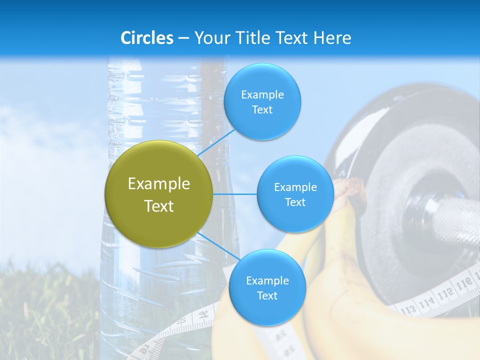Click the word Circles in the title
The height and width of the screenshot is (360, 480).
pyautogui.click(x=147, y=38)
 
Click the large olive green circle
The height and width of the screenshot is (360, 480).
pyautogui.click(x=159, y=194)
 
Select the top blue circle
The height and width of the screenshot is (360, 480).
pyautogui.click(x=262, y=101)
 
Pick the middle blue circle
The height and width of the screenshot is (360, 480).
pyautogui.click(x=295, y=194)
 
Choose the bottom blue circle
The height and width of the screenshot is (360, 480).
pyautogui.click(x=267, y=287)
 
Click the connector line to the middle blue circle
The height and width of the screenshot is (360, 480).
pyautogui.click(x=235, y=194)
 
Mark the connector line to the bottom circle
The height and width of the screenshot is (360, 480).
pyautogui.click(x=217, y=246)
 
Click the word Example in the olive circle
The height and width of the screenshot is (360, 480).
pyautogui.click(x=159, y=184)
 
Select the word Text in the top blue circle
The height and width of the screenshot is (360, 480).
pyautogui.click(x=262, y=110)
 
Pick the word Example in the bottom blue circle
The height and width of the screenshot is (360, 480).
pyautogui.click(x=267, y=280)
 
